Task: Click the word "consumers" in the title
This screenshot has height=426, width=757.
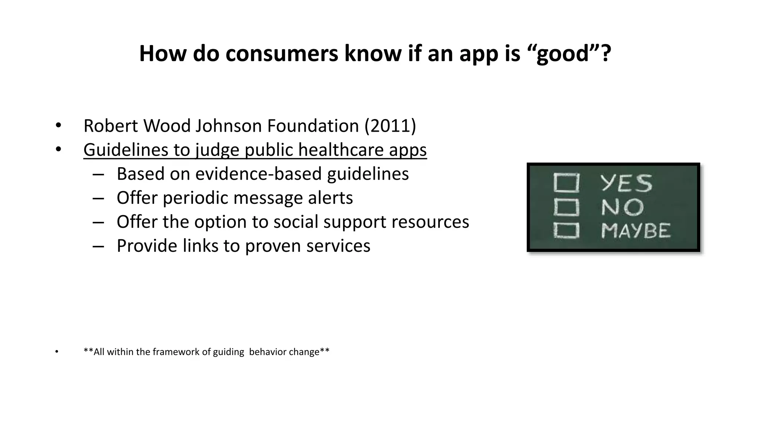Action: pos(282,54)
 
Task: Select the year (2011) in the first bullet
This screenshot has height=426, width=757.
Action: pos(390,126)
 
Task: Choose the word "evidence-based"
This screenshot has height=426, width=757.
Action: pos(258,174)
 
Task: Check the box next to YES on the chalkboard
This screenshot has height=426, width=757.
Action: pos(566,183)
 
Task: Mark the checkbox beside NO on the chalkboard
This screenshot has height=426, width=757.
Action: pos(566,207)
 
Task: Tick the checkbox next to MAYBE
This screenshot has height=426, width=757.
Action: pos(566,231)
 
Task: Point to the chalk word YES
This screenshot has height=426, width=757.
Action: pos(627,183)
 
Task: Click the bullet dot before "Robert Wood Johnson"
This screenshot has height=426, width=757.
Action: pos(58,125)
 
